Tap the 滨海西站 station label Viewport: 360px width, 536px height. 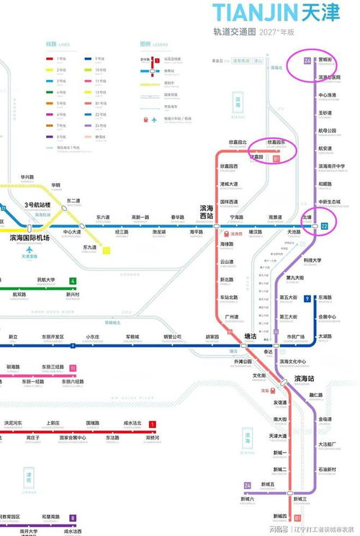point(207,213)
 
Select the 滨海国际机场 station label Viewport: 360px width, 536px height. point(30,238)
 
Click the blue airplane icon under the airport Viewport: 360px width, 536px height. point(30,249)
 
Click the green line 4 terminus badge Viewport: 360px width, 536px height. point(73,281)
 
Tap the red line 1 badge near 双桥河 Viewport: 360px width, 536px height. point(152,424)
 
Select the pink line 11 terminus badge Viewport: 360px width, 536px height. point(73,368)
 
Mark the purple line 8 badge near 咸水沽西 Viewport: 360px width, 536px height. point(73,518)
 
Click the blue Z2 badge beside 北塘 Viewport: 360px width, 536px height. point(324,226)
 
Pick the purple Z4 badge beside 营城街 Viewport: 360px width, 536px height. point(308,60)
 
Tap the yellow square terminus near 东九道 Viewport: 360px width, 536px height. point(107,251)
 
